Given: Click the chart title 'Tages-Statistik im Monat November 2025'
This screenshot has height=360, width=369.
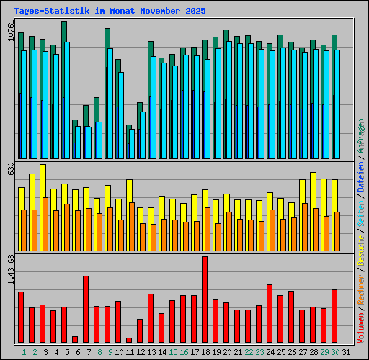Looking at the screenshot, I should coord(110,12).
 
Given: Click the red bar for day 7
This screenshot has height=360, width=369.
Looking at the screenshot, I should coord(86,309).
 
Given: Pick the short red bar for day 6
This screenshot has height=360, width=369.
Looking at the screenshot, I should coord(75,339).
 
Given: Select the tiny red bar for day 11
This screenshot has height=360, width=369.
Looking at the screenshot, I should coord(129,340).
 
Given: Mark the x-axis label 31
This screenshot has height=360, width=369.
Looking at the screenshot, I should coord(346,352).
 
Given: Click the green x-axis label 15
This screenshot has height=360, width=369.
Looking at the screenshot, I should coord(172,352).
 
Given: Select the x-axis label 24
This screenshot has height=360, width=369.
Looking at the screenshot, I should coord(270,352).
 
